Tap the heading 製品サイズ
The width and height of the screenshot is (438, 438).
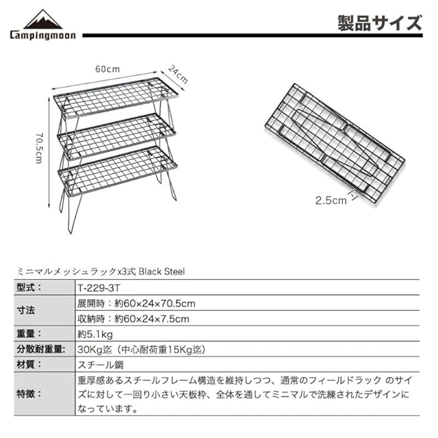(380, 23)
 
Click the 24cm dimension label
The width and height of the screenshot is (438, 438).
(177, 72)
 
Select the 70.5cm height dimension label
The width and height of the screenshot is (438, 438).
(39, 147)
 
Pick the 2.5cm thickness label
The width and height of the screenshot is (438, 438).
(331, 201)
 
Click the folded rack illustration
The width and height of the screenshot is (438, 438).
(333, 142)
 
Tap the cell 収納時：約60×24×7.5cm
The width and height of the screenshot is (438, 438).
(133, 318)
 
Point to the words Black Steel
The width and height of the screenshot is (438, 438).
(162, 271)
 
